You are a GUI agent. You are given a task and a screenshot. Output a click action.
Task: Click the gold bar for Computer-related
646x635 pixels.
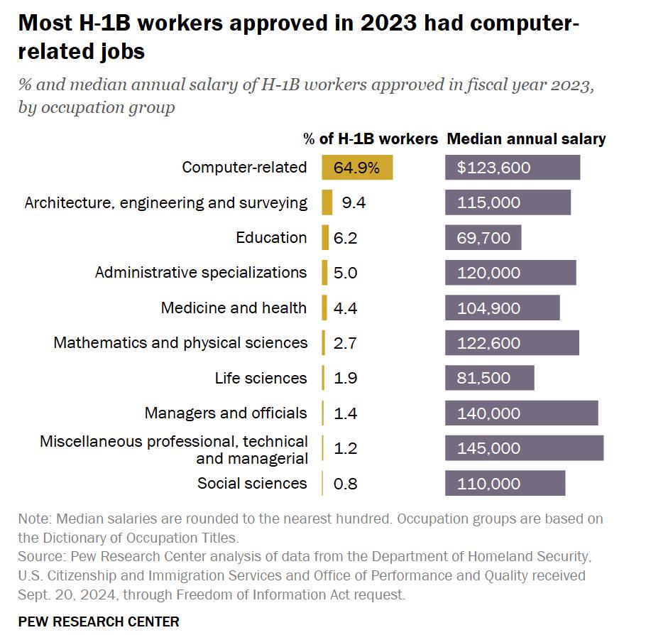click(357, 168)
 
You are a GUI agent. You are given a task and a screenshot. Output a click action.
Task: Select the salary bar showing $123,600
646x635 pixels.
click(513, 168)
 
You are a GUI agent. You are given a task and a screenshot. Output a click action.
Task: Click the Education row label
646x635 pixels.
click(271, 238)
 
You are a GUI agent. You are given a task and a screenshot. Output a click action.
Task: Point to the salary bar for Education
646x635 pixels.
click(483, 238)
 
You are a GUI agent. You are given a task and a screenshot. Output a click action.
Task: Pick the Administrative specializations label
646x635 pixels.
click(201, 273)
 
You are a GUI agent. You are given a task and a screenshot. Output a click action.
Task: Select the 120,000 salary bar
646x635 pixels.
click(510, 273)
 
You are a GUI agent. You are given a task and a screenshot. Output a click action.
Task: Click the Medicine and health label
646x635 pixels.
click(234, 308)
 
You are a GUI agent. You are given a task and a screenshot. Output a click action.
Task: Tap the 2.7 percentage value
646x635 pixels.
click(345, 343)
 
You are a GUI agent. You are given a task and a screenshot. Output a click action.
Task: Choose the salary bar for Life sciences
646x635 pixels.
click(490, 378)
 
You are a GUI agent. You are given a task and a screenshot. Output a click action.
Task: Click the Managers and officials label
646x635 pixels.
click(226, 413)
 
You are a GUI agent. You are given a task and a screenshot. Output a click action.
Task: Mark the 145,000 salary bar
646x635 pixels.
click(525, 448)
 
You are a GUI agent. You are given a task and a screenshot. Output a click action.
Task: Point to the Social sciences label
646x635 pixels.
click(252, 484)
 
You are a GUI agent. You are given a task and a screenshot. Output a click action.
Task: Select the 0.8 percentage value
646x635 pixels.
click(345, 484)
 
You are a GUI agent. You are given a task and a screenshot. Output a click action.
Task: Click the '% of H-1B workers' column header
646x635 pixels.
click(371, 139)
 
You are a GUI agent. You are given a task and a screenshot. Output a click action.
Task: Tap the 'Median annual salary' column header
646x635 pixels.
click(526, 139)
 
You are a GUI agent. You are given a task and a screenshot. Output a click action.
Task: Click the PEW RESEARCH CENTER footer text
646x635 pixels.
click(99, 622)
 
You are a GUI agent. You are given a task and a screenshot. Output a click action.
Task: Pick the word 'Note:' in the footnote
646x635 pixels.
click(35, 519)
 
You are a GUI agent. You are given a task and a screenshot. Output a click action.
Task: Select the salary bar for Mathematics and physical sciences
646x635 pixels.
click(512, 343)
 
